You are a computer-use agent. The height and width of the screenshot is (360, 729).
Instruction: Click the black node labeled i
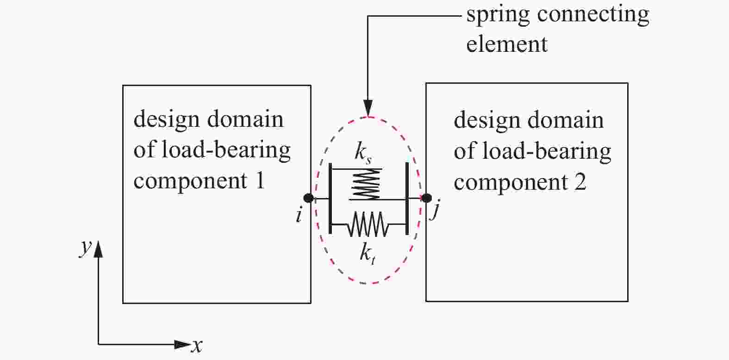click(x=309, y=199)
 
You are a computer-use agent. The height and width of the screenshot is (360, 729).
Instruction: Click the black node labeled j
click(x=426, y=198)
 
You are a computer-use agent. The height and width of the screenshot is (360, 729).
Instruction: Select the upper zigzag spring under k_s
click(x=366, y=184)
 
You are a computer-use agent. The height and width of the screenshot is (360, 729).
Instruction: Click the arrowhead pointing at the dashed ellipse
click(x=368, y=108)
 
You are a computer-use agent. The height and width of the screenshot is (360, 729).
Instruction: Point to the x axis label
click(x=198, y=345)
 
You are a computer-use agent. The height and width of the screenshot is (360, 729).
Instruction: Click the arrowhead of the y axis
click(x=98, y=250)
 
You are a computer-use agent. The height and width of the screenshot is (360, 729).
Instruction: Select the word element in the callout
click(x=507, y=44)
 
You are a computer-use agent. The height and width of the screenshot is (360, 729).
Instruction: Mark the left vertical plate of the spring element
click(x=330, y=199)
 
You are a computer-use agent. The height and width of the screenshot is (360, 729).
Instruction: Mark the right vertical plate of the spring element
click(x=407, y=199)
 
